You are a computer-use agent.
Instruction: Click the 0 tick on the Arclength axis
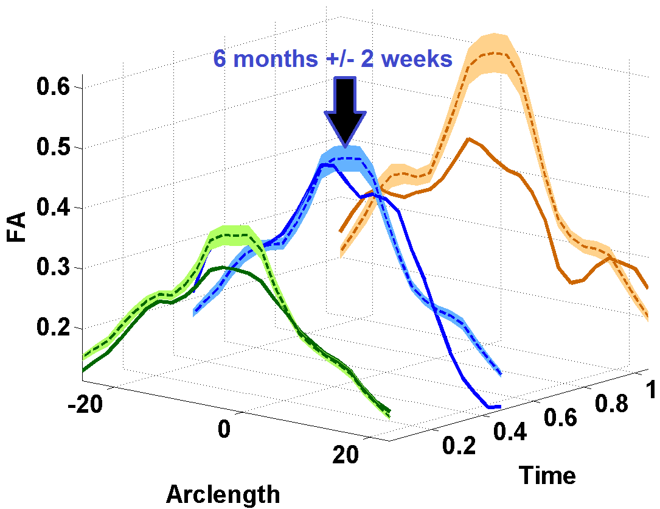click(224, 428)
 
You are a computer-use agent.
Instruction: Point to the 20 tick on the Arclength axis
click(348, 455)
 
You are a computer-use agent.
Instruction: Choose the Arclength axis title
click(223, 493)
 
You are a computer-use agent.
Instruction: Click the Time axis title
click(547, 474)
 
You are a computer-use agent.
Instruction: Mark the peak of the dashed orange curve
click(493, 53)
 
